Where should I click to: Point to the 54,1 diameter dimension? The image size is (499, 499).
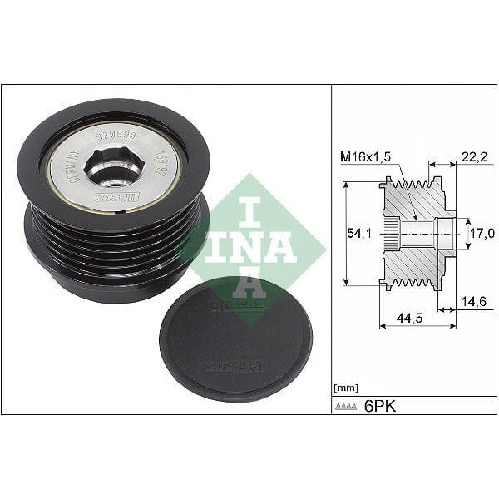coord(360,235)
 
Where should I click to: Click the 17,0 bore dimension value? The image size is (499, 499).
coord(479,235)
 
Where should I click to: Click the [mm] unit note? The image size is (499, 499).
coord(345,387)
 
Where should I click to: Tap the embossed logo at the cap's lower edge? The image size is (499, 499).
coord(235,365)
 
